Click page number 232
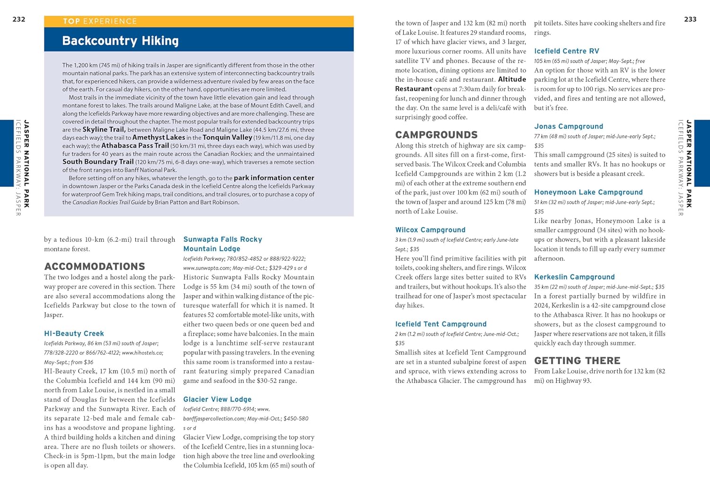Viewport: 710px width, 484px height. point(19,19)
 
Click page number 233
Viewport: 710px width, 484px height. point(690,19)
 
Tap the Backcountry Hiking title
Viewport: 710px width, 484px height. point(120,41)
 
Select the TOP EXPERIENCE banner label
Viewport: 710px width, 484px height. point(100,21)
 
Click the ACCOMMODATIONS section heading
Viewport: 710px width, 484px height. point(95,266)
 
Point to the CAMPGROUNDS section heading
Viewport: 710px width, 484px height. point(436,135)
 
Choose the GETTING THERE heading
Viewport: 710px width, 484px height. point(577,361)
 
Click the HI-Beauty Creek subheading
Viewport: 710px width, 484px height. point(74,334)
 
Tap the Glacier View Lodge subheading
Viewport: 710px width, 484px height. point(217,399)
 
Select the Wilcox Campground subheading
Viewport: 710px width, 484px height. point(430,230)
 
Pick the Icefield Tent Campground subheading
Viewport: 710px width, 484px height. point(441,324)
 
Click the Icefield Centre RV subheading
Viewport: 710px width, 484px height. point(567,51)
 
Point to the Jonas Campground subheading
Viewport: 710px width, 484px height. point(568,126)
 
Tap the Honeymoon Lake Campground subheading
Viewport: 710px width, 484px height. point(588,192)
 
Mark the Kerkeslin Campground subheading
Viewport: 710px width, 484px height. point(574,277)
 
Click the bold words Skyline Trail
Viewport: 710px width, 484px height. point(104,130)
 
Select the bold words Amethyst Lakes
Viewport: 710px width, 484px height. point(159,138)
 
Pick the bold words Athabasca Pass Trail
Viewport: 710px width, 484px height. point(135,146)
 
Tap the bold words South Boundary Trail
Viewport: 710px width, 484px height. point(98,162)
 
